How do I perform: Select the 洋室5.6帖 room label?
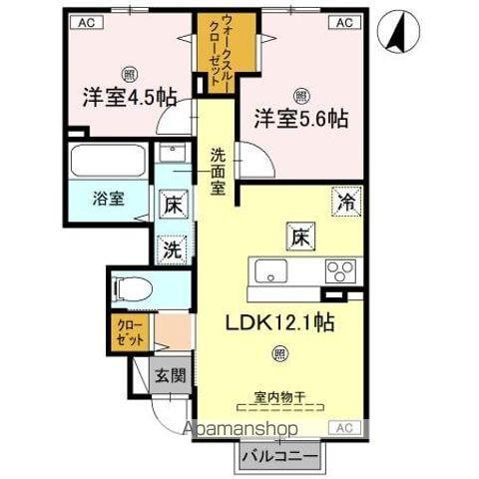coord(299,118)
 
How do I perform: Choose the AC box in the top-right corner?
coord(343,21)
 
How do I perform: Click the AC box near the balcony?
coord(343,426)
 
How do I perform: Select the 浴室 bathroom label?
coord(109,197)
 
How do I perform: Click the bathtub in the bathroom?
coord(109,161)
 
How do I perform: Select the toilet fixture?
coord(133,288)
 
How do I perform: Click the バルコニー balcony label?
coord(279,457)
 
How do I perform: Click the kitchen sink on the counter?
coord(269,270)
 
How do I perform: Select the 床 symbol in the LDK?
coord(298,237)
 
